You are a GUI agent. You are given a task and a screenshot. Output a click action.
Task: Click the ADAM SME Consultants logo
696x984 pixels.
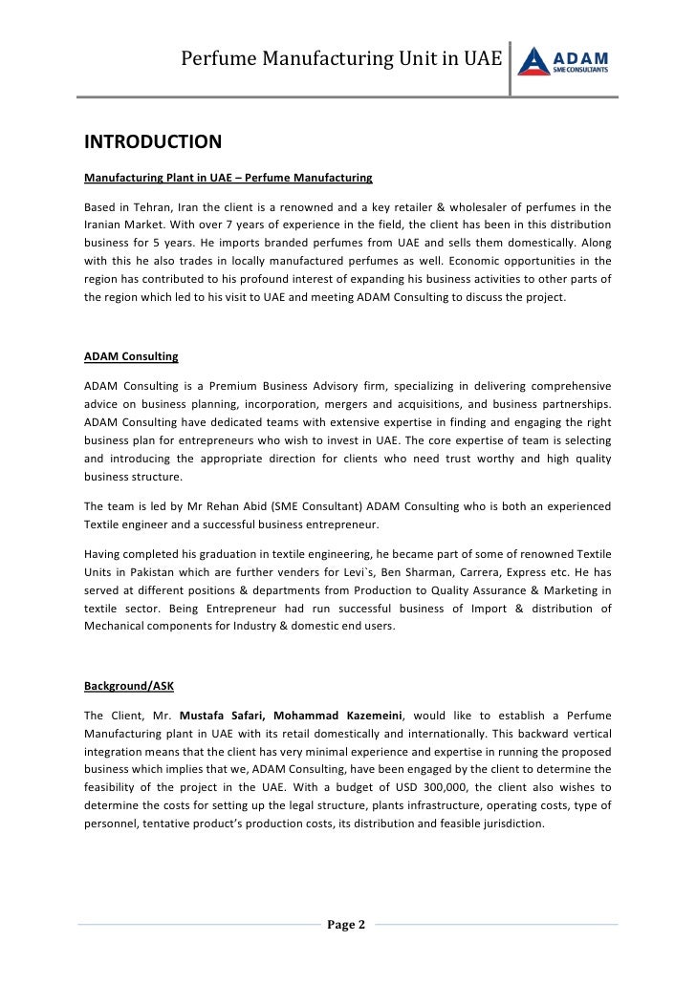pos(564,60)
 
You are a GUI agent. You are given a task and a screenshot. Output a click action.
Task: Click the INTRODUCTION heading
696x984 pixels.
pos(153,142)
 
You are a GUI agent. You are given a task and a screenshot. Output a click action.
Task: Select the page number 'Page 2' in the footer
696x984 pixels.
pos(346,924)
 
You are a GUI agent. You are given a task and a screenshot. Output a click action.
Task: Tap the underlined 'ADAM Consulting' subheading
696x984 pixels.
pos(131,356)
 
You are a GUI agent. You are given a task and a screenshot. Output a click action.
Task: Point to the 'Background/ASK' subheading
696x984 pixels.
pos(129,686)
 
